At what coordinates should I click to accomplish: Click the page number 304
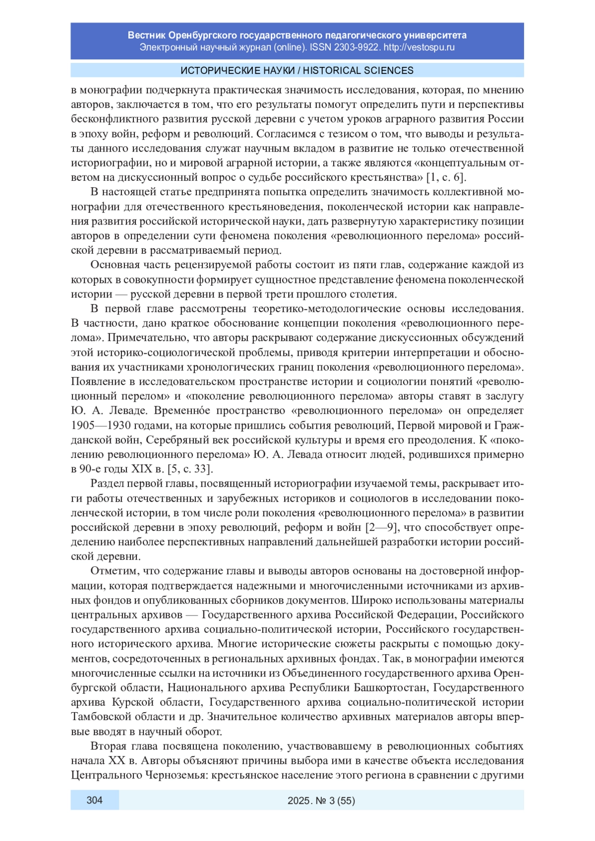(94, 800)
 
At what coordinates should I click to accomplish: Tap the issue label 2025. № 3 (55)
(321, 800)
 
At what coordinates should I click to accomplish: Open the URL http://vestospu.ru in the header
(419, 48)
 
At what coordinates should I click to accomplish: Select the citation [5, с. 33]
(191, 469)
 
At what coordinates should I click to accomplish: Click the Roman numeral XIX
(141, 469)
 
